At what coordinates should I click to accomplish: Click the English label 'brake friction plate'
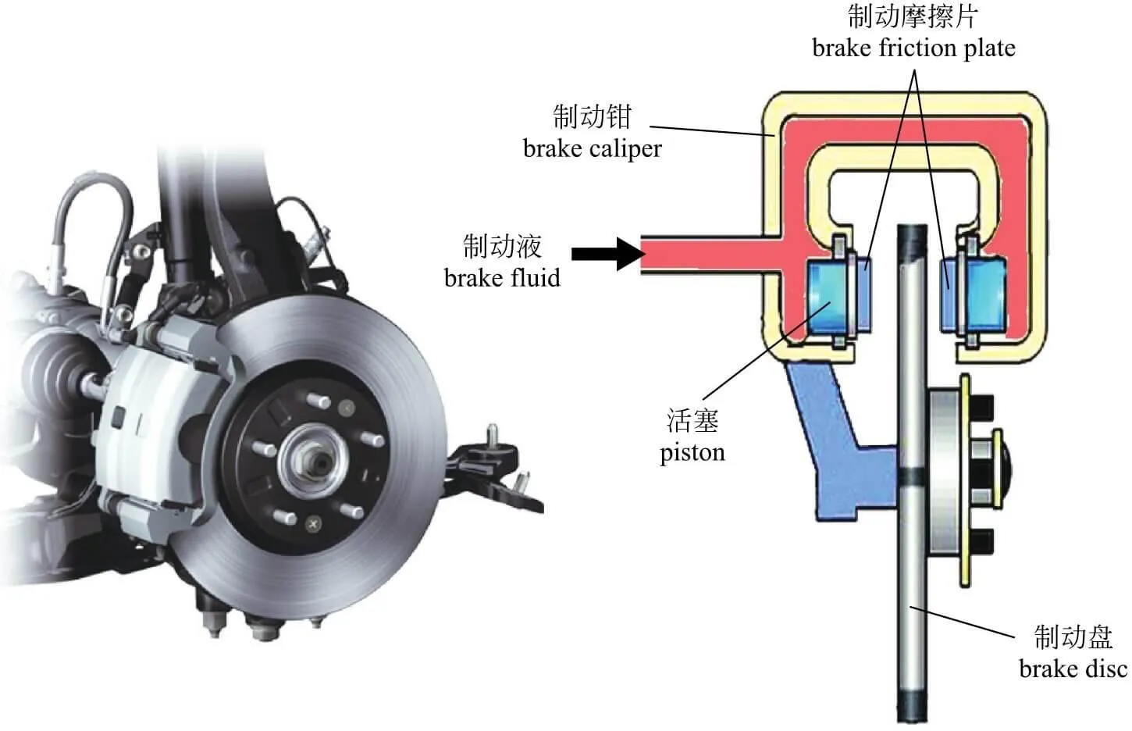(x=913, y=48)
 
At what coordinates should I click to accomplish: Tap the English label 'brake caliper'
(x=593, y=149)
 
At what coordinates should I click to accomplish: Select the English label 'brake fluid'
(x=502, y=278)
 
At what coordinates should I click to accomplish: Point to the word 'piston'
(x=692, y=453)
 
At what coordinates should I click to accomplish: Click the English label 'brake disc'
(x=1073, y=669)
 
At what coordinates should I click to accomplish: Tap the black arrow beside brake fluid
(x=608, y=254)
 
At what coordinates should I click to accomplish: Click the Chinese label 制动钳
(x=593, y=116)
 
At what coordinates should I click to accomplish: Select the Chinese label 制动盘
(x=1073, y=637)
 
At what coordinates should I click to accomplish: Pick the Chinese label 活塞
(x=692, y=421)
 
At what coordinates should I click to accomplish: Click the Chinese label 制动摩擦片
(x=913, y=16)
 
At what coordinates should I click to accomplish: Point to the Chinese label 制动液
(x=502, y=246)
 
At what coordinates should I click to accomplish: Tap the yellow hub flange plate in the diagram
(x=965, y=480)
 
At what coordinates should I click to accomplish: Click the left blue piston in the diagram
(x=828, y=297)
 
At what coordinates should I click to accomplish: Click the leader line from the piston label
(x=767, y=351)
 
